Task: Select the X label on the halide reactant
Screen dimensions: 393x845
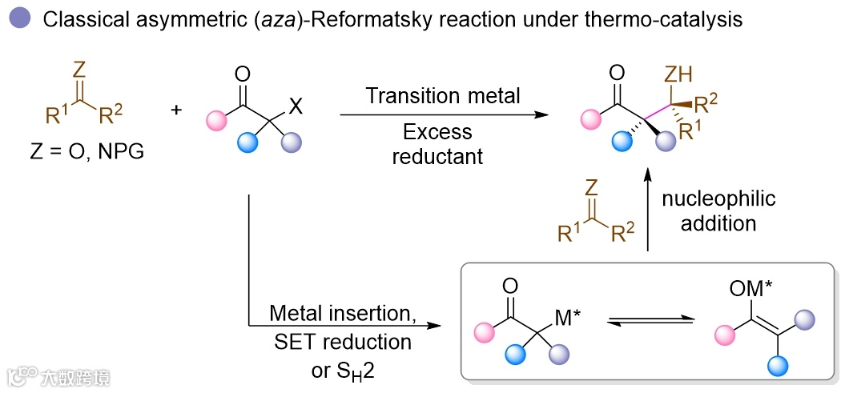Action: coord(296,106)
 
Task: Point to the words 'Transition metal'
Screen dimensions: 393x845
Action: coord(443,96)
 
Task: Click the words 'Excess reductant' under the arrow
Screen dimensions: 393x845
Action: coord(437,144)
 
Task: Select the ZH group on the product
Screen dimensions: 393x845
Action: coord(679,75)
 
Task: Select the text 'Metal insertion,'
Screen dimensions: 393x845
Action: coord(342,312)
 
